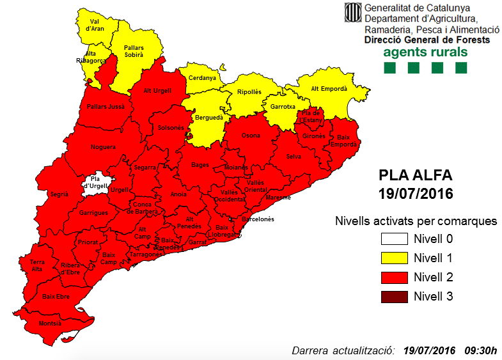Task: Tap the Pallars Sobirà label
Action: (134, 51)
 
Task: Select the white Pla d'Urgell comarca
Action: (97, 184)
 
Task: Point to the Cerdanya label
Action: (202, 78)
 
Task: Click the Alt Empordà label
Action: (328, 89)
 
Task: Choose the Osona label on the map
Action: (251, 136)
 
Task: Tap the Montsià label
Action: (51, 324)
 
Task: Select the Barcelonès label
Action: (256, 219)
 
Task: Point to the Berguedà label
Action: (208, 118)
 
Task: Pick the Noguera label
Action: (103, 147)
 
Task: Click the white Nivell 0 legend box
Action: (395, 239)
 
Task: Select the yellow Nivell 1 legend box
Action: (395, 258)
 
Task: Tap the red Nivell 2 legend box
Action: (395, 278)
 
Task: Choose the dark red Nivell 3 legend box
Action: (395, 297)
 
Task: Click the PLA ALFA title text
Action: (415, 175)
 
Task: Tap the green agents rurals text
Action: (425, 52)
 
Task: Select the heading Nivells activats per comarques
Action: (416, 221)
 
